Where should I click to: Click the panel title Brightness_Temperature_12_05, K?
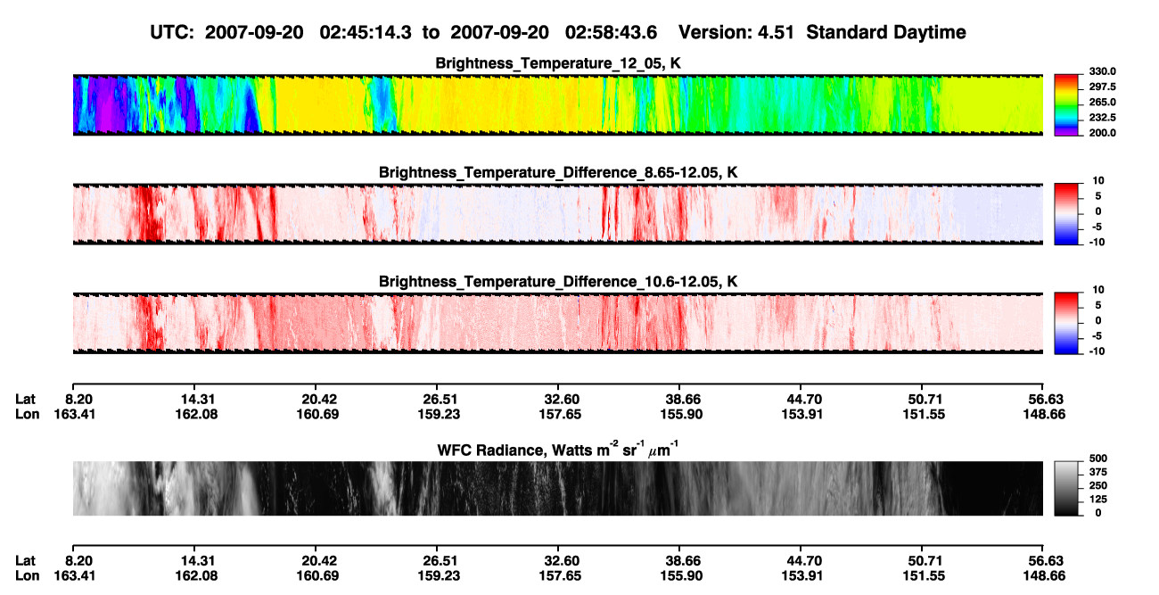tap(558, 63)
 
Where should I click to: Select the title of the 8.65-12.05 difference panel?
tap(558, 172)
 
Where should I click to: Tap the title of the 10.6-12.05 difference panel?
tap(558, 282)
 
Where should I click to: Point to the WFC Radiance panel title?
tap(558, 450)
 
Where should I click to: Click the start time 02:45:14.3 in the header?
tap(366, 33)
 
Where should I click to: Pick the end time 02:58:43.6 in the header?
tap(611, 33)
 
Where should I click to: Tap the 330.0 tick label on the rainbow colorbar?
tap(1102, 71)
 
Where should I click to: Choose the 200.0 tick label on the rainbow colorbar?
tap(1102, 133)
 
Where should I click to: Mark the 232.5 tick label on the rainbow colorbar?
tap(1102, 118)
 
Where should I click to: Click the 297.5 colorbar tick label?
tap(1102, 87)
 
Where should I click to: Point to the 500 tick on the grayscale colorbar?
tap(1097, 459)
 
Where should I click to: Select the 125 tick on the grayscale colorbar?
tap(1097, 500)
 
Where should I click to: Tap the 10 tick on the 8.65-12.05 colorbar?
tap(1098, 181)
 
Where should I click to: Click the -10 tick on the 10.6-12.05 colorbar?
tap(1097, 351)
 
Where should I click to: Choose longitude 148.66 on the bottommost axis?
tap(1044, 576)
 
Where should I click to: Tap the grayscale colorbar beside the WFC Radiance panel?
tap(1066, 488)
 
